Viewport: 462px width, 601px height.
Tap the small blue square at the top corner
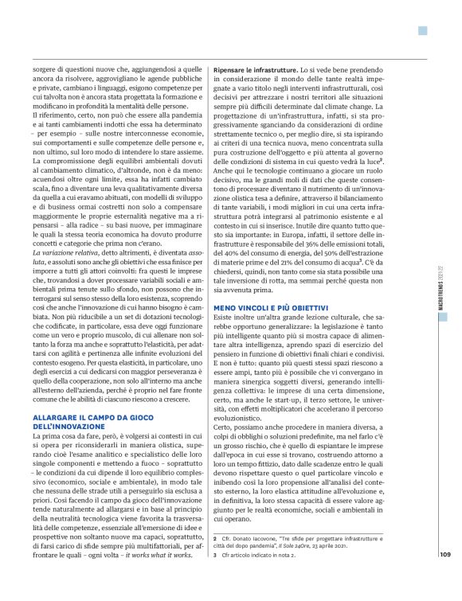[422, 31]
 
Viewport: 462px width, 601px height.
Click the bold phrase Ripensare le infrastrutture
[256, 72]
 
